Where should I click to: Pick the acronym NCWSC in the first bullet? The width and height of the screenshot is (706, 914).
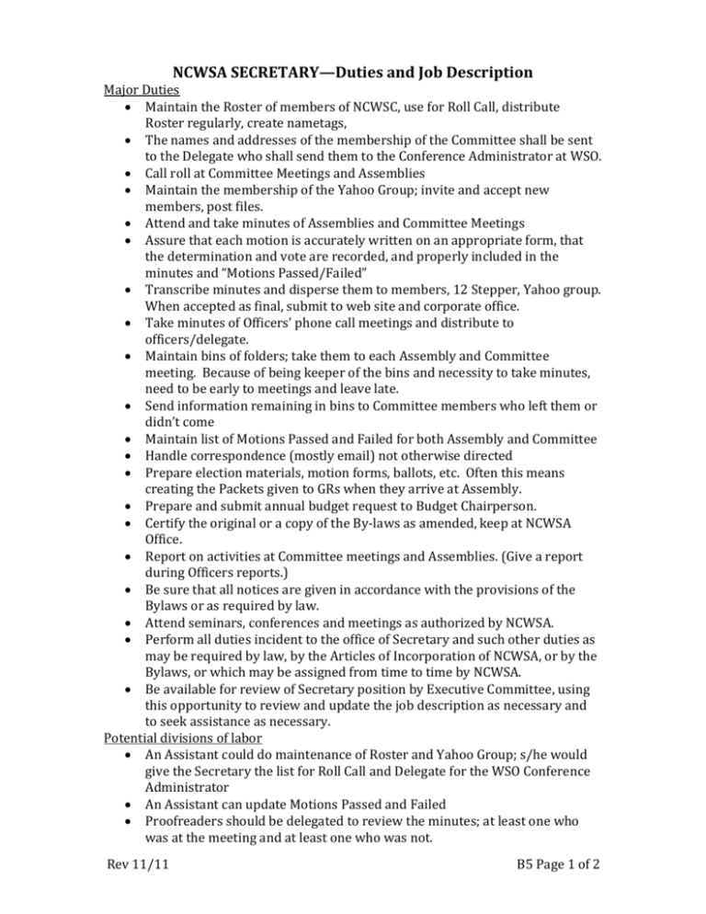(x=396, y=109)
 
